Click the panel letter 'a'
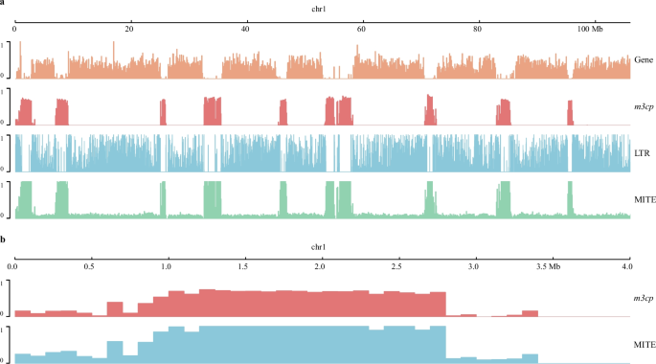pos(3,4)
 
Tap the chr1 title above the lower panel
pos(321,247)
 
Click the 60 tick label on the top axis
pos(361,31)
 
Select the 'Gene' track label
pos(644,61)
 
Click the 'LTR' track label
pos(644,153)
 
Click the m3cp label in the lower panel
pos(642,299)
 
